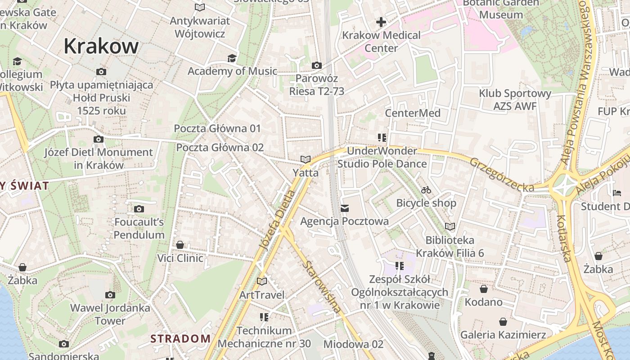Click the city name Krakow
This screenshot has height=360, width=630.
101,46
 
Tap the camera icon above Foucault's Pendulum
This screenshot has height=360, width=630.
139,209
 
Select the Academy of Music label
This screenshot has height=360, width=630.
232,71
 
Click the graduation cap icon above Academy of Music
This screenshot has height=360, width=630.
232,58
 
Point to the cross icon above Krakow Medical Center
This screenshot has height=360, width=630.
381,22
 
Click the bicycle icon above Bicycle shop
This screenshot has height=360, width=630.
426,190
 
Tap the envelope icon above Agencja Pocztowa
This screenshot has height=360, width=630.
345,208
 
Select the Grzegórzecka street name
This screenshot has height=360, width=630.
502,175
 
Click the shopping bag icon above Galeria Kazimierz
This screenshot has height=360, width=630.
503,322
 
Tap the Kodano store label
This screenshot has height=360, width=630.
484,301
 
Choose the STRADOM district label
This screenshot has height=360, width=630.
180,338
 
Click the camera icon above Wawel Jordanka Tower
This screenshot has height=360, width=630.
110,295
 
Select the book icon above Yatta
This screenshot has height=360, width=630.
306,159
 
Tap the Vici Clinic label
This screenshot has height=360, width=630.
180,258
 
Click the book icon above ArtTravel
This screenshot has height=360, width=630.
262,282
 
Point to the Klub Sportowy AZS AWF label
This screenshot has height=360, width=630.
515,99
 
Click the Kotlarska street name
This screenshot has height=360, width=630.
564,238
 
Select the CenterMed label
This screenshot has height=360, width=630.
413,113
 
